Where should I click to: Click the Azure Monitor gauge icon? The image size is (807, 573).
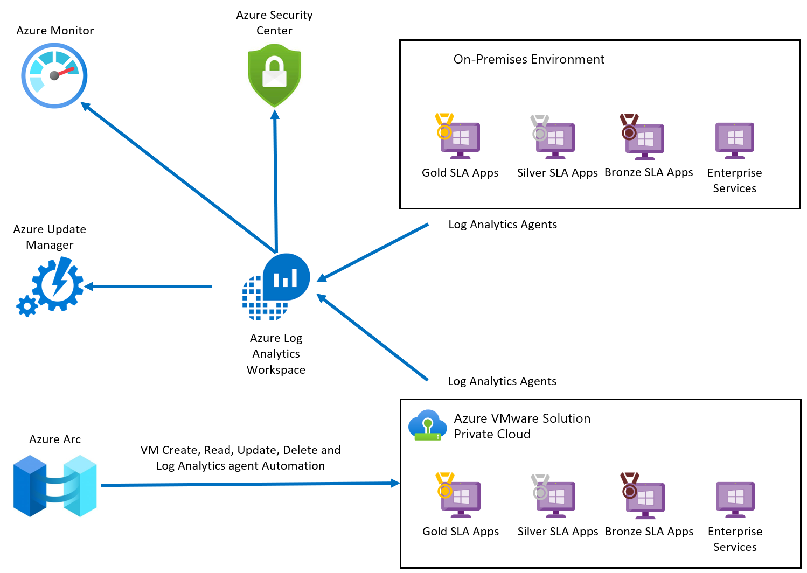(x=54, y=75)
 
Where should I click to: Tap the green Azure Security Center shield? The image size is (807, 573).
(x=275, y=75)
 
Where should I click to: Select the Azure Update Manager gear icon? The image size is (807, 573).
(x=50, y=286)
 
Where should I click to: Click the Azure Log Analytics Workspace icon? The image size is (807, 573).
(x=276, y=287)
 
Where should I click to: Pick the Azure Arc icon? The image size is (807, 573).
(x=55, y=486)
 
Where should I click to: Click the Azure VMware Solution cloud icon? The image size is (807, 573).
(x=427, y=425)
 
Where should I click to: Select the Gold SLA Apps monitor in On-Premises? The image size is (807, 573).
(x=457, y=136)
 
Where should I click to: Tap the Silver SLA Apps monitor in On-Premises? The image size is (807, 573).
(x=553, y=137)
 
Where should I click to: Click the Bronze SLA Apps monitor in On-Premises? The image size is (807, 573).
(x=642, y=137)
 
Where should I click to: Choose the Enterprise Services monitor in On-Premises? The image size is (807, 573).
(x=735, y=141)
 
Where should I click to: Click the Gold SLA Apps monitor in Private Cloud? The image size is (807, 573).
(x=458, y=495)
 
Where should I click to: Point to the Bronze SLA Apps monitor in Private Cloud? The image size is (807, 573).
(x=643, y=495)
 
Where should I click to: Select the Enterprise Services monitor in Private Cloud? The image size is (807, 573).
(x=735, y=500)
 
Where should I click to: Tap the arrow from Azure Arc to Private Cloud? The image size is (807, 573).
(x=251, y=484)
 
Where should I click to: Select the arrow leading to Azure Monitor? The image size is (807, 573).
(x=178, y=178)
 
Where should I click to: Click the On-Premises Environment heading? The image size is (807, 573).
(x=528, y=59)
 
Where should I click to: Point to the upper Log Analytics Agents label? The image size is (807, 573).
(x=503, y=225)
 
